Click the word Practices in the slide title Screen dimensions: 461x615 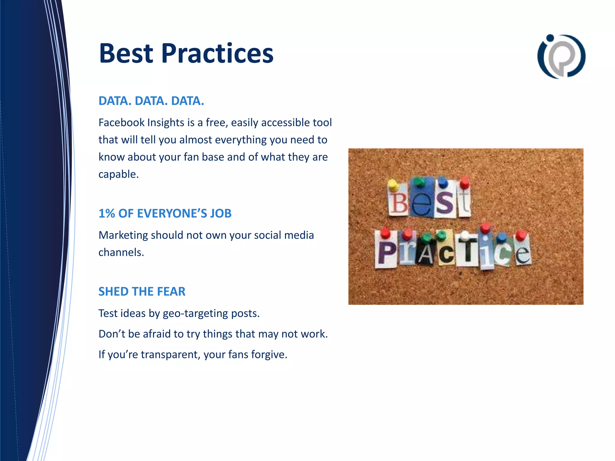click(217, 53)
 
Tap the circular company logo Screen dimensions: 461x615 click(561, 56)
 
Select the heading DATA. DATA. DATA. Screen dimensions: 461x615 click(151, 101)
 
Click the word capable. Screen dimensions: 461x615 click(118, 174)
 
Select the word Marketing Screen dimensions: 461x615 click(123, 235)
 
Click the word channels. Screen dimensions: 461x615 click(121, 252)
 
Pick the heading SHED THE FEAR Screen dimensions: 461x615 click(142, 291)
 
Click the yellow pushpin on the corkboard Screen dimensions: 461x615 click(393, 185)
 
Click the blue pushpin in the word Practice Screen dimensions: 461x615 click(501, 238)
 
